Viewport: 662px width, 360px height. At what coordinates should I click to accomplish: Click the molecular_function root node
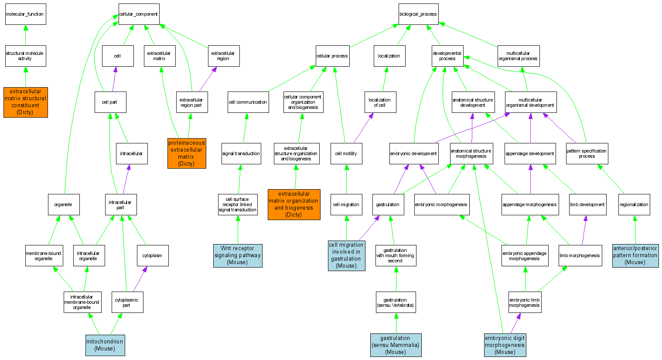click(25, 14)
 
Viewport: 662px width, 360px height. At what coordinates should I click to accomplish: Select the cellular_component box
click(139, 14)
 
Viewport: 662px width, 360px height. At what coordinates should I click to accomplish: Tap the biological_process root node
click(418, 14)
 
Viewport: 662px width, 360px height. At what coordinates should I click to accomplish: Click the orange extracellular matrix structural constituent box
click(25, 102)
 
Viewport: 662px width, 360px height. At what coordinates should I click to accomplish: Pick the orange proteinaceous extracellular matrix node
click(187, 153)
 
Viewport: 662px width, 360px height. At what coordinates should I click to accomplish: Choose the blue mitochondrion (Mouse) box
click(105, 345)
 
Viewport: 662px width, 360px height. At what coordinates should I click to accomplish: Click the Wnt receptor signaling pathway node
click(238, 255)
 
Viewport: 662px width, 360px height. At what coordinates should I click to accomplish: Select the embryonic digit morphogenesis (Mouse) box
click(505, 345)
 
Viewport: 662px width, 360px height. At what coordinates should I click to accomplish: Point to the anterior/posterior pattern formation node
click(635, 255)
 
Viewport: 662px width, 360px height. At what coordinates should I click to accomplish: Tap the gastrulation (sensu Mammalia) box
click(396, 345)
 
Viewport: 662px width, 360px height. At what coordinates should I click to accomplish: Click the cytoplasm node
click(152, 255)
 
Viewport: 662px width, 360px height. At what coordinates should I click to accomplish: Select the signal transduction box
click(241, 153)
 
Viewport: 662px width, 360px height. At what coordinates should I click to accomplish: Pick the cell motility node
click(346, 153)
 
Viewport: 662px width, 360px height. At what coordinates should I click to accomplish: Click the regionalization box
click(634, 204)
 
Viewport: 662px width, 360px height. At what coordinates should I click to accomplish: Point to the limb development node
click(587, 204)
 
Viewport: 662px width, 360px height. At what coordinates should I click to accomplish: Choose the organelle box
click(64, 204)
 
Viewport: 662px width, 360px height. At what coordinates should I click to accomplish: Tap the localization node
click(389, 56)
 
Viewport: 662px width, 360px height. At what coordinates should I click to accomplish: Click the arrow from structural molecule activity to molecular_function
click(25, 35)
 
